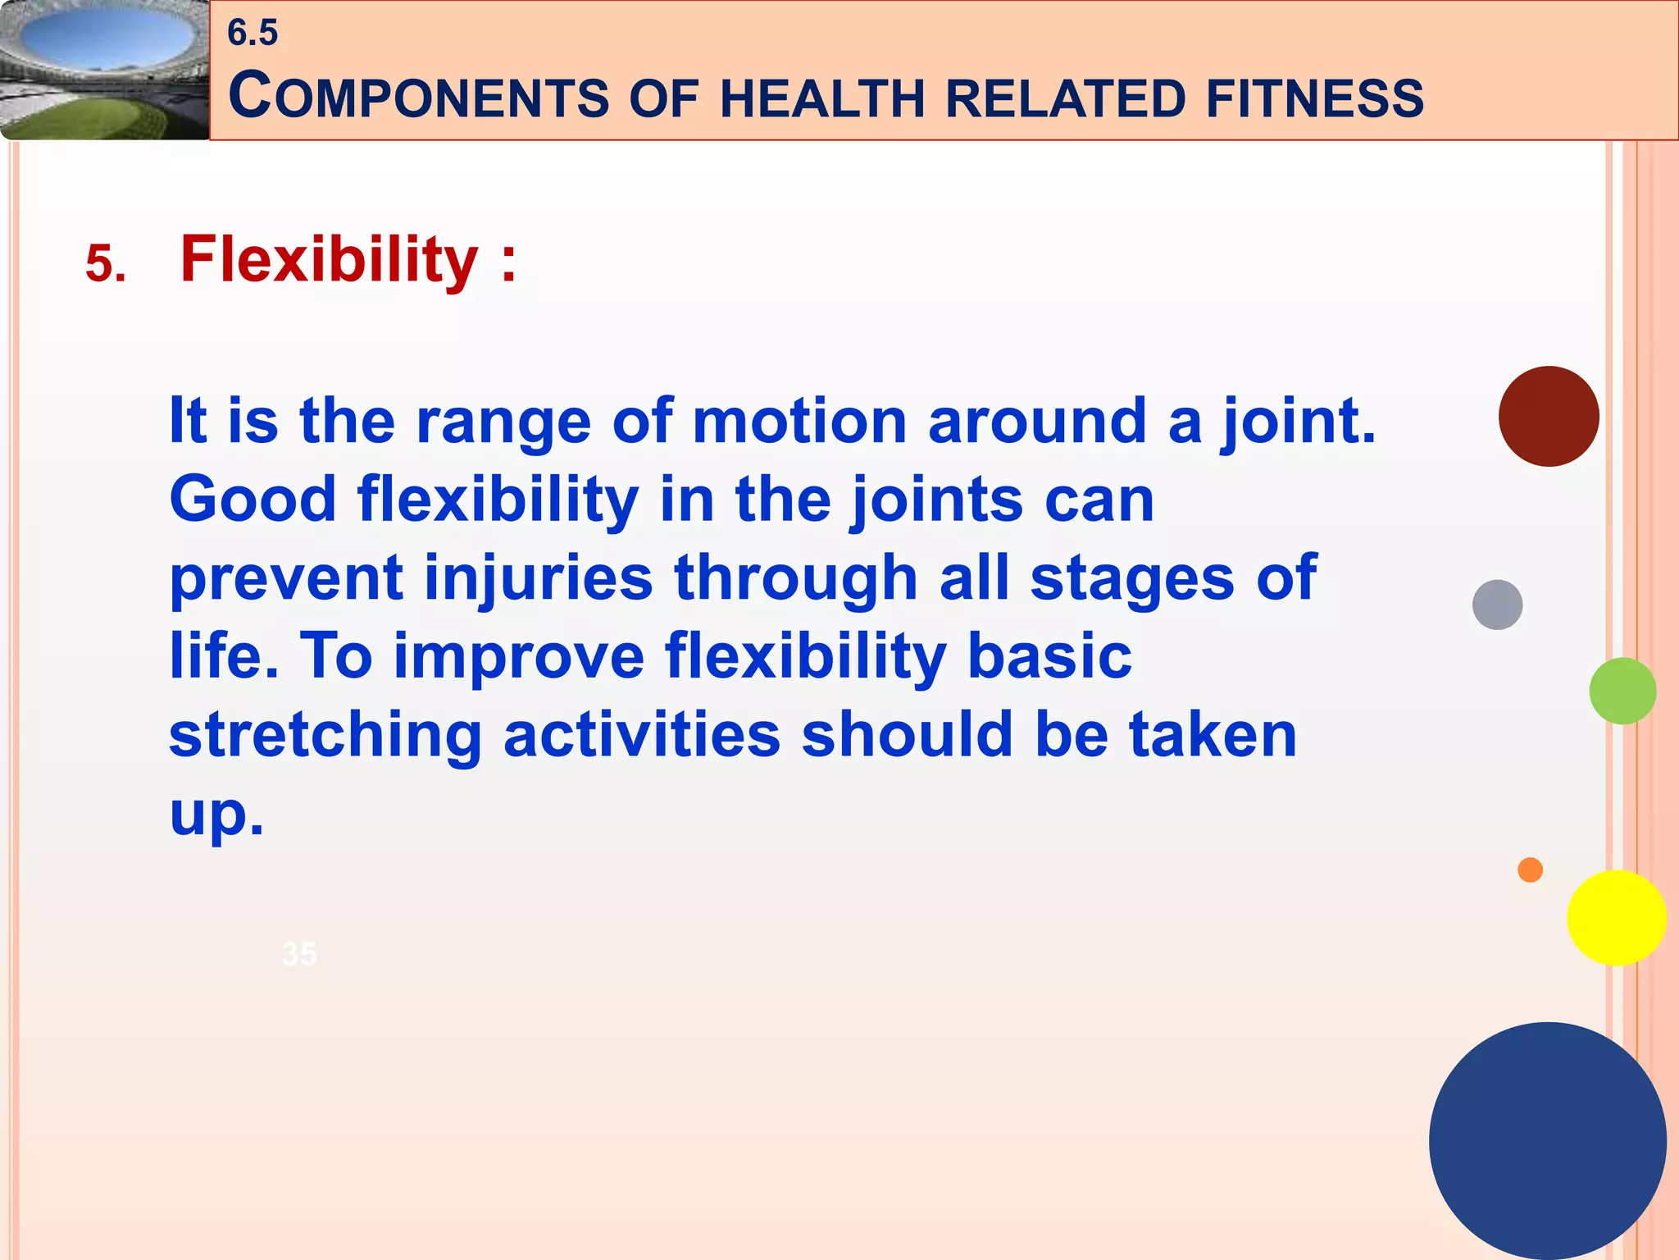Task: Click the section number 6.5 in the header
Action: pos(253,34)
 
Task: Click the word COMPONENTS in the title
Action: pos(419,97)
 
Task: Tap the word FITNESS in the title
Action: pos(1314,98)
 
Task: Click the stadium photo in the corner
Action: pos(103,69)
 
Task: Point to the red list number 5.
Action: pos(106,265)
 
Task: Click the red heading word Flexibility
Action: pos(329,260)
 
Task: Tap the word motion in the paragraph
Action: pos(799,421)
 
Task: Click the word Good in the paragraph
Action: pos(253,499)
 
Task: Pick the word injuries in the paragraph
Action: pos(538,577)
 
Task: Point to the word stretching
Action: pos(325,735)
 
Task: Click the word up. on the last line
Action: pos(216,814)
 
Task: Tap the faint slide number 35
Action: pos(298,954)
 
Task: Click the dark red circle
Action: pos(1548,417)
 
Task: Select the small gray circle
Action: pos(1497,605)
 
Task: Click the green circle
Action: pos(1622,691)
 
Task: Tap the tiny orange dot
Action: pos(1530,870)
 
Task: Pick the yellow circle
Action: pos(1616,918)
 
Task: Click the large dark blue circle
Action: pos(1547,1140)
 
